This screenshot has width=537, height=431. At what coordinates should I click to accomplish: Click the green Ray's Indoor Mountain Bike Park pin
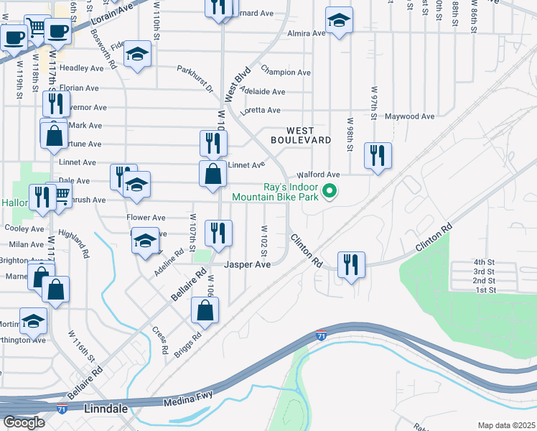tap(330, 191)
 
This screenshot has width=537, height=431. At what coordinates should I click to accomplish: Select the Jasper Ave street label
tap(247, 264)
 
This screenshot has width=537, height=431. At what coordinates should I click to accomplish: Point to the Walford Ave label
tap(318, 175)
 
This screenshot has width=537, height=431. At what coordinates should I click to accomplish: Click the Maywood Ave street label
tap(410, 116)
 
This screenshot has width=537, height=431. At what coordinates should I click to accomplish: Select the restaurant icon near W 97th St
tap(377, 154)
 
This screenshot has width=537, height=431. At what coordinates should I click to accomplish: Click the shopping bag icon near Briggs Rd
tap(205, 310)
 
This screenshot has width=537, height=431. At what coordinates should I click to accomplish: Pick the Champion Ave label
tap(286, 73)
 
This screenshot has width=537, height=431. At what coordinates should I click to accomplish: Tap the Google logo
tap(24, 422)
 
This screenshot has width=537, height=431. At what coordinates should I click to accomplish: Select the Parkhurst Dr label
tap(195, 78)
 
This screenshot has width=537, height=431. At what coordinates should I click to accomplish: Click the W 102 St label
tap(265, 242)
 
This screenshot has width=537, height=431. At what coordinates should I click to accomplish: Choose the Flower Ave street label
tap(146, 218)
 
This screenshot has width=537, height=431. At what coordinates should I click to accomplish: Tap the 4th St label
tap(485, 262)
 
